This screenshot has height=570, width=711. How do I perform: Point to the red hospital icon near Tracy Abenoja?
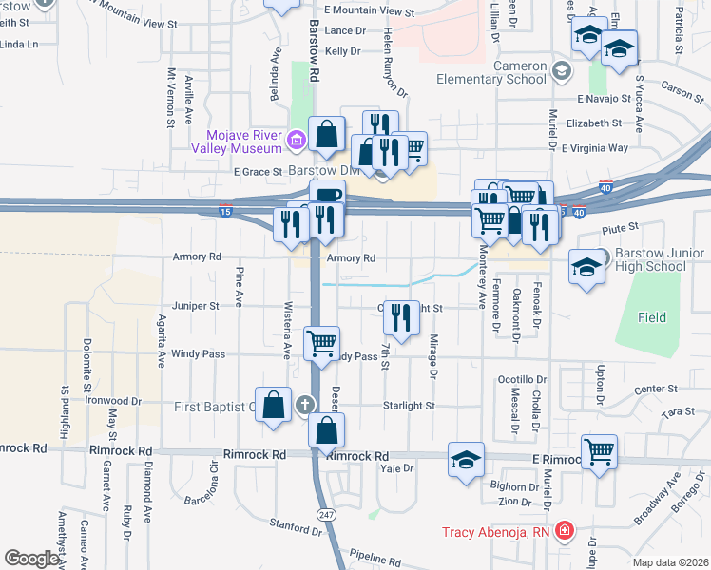pyautogui.click(x=565, y=530)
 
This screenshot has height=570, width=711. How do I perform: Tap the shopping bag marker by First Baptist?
pyautogui.click(x=273, y=404)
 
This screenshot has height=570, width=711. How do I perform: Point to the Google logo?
pyautogui.click(x=31, y=559)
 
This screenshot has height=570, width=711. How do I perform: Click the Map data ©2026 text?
pyautogui.click(x=670, y=562)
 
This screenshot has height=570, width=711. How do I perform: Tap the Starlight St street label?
pyautogui.click(x=409, y=406)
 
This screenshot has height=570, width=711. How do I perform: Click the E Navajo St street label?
pyautogui.click(x=603, y=98)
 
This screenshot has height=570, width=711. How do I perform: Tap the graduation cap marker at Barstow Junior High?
pyautogui.click(x=586, y=266)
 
